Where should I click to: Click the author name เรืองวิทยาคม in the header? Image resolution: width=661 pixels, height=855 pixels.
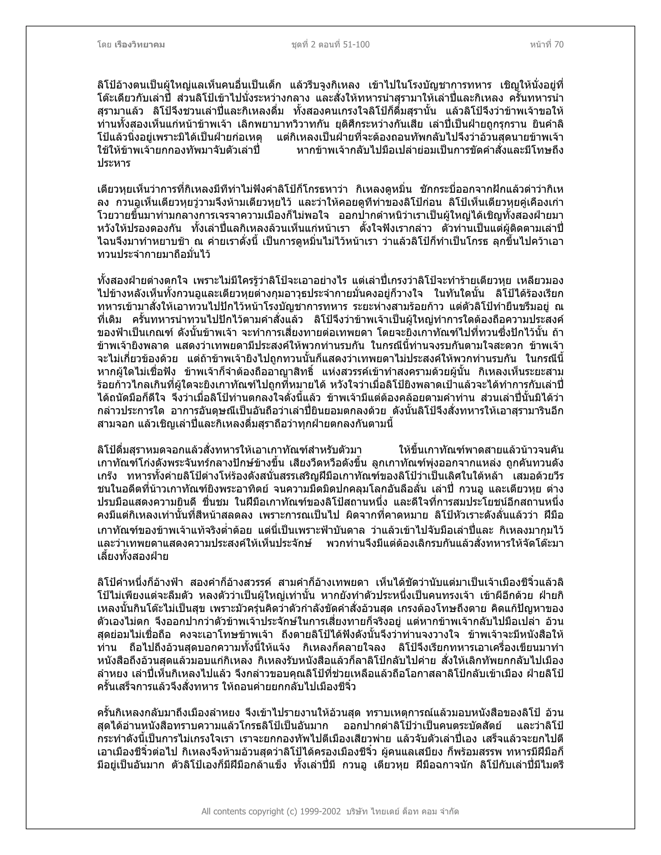click(x=140, y=45)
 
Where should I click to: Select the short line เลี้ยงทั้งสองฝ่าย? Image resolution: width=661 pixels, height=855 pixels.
click(x=133, y=557)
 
